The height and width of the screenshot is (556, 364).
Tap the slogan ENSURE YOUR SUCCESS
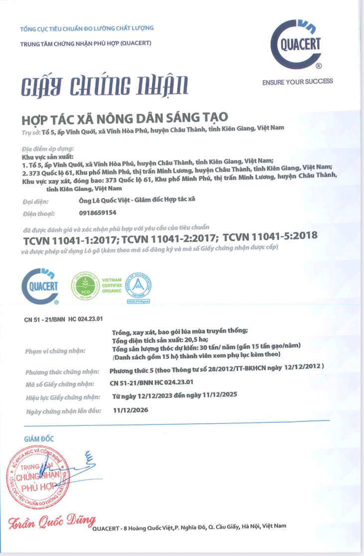[x=297, y=81]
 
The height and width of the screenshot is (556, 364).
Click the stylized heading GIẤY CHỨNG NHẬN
[x=105, y=85]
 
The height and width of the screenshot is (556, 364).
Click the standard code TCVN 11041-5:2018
[x=270, y=236]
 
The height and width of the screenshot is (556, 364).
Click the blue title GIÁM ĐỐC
[x=39, y=439]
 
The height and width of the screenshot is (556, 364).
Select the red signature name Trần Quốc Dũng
[x=50, y=523]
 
